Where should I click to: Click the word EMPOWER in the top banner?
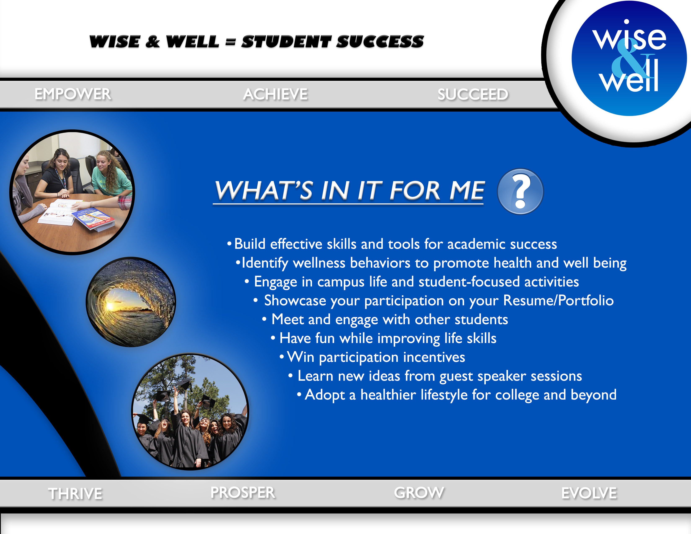tap(73, 94)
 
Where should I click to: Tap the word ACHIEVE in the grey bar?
tap(275, 94)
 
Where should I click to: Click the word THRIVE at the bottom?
tap(75, 494)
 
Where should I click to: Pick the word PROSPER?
tap(243, 493)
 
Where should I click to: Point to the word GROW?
tap(419, 493)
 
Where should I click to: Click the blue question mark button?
tap(520, 191)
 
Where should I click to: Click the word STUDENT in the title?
tap(286, 42)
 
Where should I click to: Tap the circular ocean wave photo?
tap(131, 302)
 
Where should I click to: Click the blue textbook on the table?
tap(94, 218)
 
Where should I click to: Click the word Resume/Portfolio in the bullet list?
tap(558, 301)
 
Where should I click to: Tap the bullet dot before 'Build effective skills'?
tap(229, 244)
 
